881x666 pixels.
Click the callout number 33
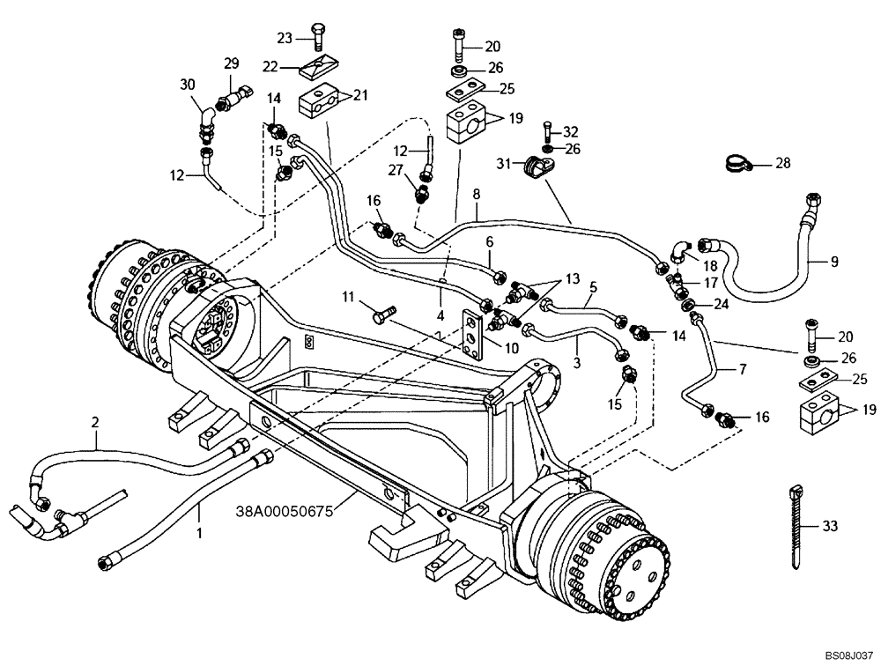(829, 526)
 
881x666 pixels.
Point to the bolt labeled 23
(318, 38)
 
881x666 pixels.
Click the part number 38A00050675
(283, 510)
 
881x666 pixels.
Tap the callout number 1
(200, 532)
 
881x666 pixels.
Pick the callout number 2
(96, 424)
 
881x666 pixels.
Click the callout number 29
(231, 63)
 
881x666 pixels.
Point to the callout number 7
(742, 368)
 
